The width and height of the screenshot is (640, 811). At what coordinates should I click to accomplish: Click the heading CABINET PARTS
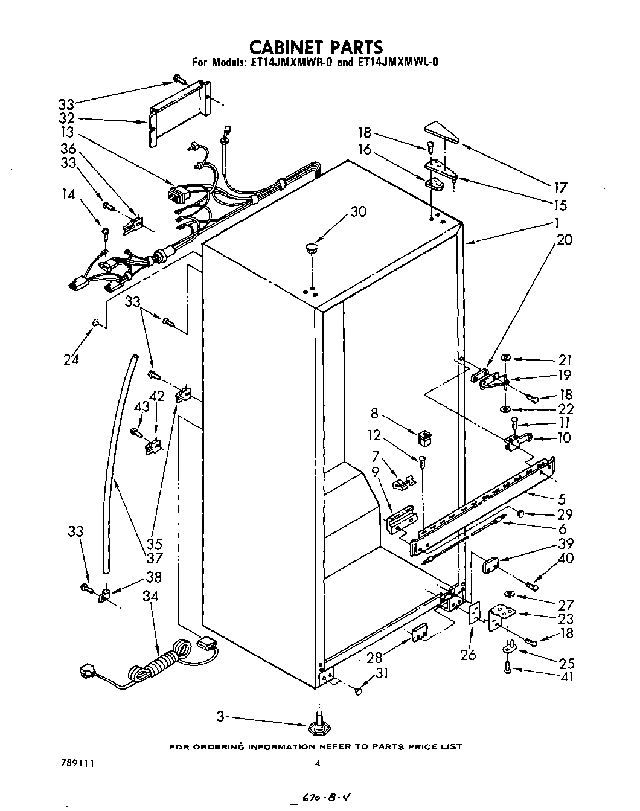click(x=316, y=46)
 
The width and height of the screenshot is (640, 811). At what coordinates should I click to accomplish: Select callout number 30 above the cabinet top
click(x=358, y=211)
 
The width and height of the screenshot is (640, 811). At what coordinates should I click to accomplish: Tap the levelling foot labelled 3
click(x=318, y=725)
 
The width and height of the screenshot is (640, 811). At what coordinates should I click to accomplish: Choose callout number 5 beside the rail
click(x=562, y=499)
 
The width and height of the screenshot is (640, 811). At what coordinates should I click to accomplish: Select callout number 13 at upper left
click(x=66, y=133)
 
